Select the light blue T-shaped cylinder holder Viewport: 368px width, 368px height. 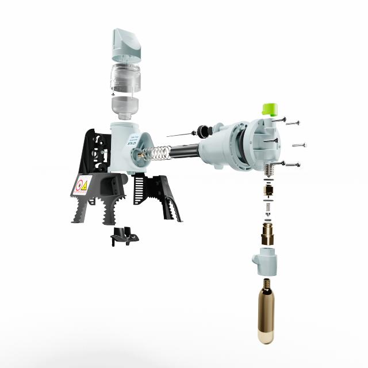pyautogui.click(x=264, y=261)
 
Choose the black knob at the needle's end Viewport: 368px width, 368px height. pyautogui.click(x=204, y=128)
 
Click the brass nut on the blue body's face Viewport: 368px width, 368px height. pyautogui.click(x=140, y=152)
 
